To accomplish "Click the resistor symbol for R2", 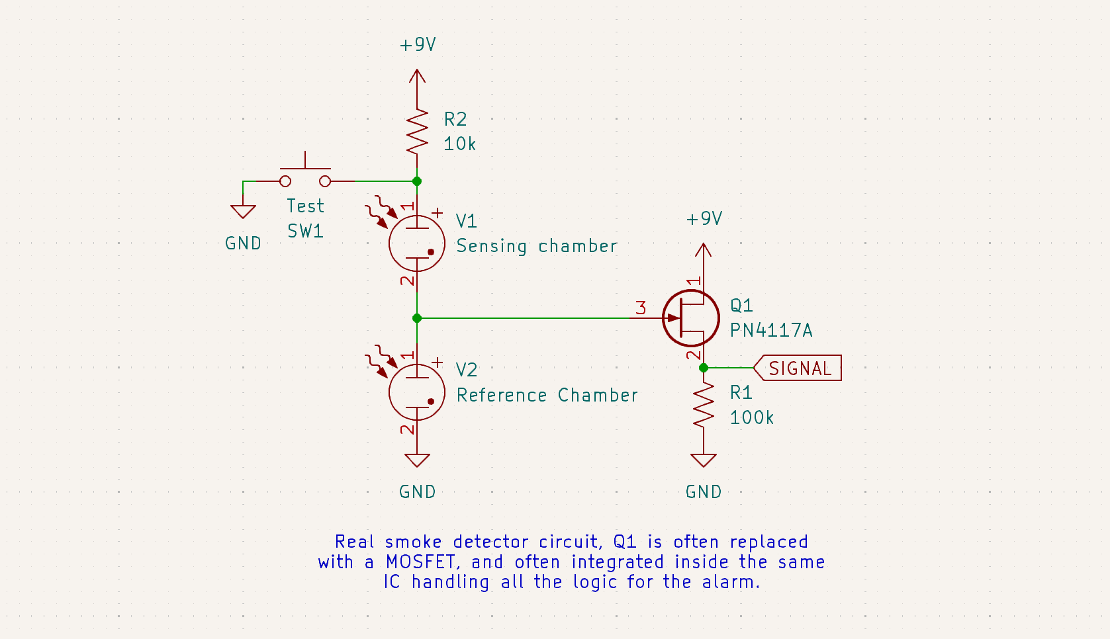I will [417, 132].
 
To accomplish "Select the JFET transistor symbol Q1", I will [691, 318].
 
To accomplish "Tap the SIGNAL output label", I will [800, 368].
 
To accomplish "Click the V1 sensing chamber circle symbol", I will [417, 243].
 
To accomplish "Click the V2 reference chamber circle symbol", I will [417, 392].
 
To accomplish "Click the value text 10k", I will [459, 144].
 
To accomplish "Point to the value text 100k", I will [751, 418].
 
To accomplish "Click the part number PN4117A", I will [770, 331].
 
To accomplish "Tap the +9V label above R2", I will [418, 45].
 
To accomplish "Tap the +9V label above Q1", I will [704, 219].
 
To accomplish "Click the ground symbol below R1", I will [703, 460].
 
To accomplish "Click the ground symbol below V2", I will [417, 460].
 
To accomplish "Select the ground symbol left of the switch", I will [243, 211].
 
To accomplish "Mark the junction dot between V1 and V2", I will [417, 318].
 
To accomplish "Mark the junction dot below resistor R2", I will [417, 181].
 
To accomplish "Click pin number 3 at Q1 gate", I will [640, 308].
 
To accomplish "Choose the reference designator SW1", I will [305, 232].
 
